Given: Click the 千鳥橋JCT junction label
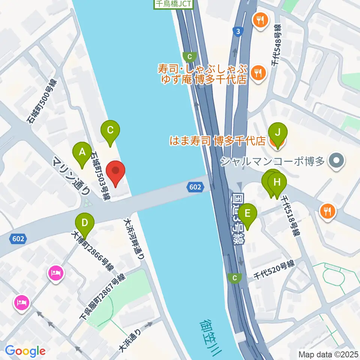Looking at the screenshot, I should click(x=174, y=4).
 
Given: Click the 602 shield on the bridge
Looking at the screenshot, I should click(x=195, y=186).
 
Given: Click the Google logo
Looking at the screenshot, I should click(x=25, y=351).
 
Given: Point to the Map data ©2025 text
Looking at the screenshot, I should click(x=328, y=354).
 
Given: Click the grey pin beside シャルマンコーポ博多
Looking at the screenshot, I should click(x=336, y=162).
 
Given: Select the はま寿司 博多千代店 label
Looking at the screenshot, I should click(x=218, y=141).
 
